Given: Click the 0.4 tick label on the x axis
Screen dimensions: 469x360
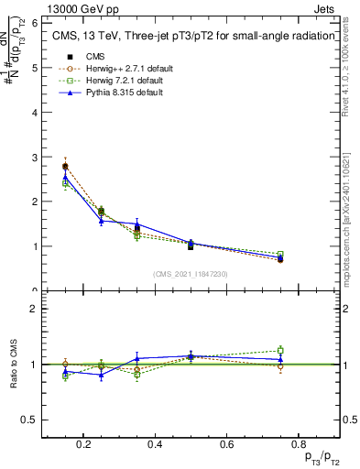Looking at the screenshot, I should click(154, 444).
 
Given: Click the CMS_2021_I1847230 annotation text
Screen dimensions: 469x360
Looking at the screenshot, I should click(191, 274).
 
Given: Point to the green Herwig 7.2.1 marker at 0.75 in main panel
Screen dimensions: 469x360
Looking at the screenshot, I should click(280, 254).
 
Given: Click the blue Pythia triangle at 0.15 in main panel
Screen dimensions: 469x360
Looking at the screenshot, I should click(65, 177).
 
